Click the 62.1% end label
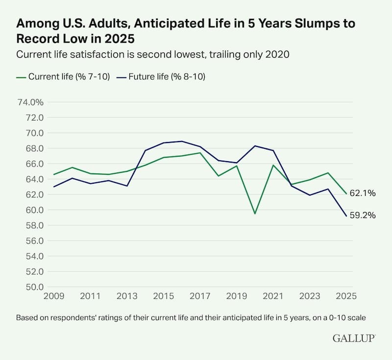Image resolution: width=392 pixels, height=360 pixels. tap(363, 193)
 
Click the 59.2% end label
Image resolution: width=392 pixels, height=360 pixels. tap(363, 215)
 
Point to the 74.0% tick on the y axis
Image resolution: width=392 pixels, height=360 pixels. tap(30, 102)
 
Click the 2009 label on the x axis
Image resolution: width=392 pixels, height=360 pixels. tap(53, 296)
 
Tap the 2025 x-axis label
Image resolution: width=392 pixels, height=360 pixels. tap(345, 296)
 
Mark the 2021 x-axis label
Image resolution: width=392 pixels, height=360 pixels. tap(272, 296)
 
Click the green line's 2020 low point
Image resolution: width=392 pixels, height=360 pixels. tap(255, 214)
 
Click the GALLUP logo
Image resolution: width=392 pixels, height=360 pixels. tap(354, 338)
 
